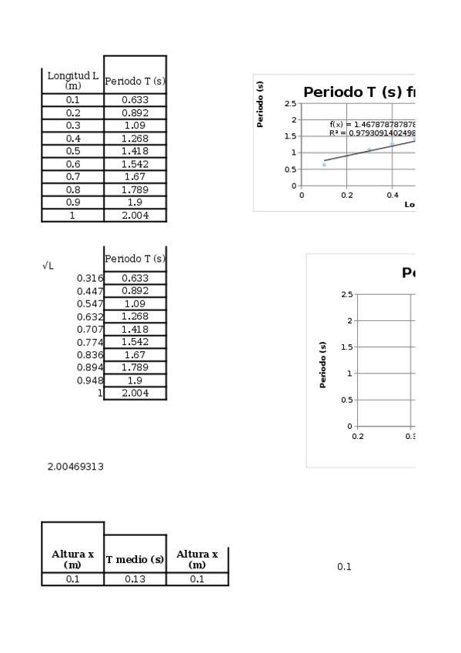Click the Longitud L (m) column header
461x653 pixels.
coord(72,80)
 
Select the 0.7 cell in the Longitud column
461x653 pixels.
coord(72,176)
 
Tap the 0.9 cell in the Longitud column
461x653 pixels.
coord(72,202)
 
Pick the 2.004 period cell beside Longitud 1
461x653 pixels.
coord(135,215)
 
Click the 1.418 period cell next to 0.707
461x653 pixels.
coord(135,329)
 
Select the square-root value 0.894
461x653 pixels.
coord(89,367)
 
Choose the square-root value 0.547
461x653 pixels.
coord(89,303)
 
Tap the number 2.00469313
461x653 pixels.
coord(75,467)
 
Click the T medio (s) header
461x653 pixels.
coord(135,560)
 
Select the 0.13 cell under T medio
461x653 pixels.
coord(135,579)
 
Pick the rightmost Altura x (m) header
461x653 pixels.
coord(197,559)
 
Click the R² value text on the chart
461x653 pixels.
coord(372,132)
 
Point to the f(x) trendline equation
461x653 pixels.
coord(372,124)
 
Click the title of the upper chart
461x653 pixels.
coord(359,92)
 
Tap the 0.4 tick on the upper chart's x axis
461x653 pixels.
coord(393,195)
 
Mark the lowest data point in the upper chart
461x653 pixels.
coord(324,165)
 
